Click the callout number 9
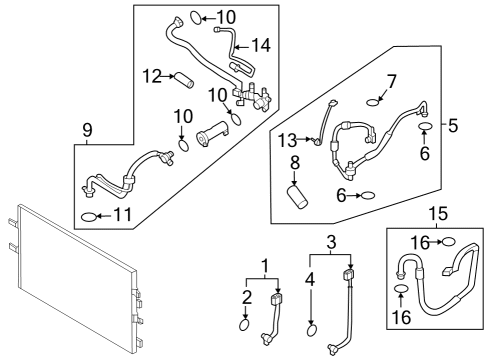tap(87, 129)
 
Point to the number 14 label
tap(261, 45)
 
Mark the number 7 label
tap(392, 79)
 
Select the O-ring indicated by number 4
tap(311, 329)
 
